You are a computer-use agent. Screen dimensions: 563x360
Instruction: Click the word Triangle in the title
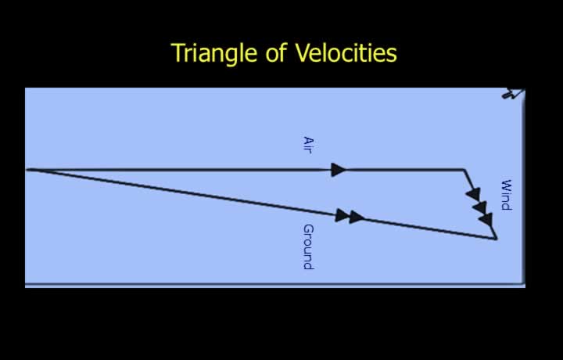214,53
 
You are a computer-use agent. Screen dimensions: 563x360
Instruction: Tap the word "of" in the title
276,52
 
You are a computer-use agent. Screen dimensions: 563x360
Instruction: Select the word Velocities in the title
346,52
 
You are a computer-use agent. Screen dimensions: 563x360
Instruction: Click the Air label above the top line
308,145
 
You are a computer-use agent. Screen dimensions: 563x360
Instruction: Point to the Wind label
506,195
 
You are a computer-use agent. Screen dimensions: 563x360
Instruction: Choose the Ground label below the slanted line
308,247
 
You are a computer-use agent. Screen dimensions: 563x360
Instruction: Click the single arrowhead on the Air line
339,170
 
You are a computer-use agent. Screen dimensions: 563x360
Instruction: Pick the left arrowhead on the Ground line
342,215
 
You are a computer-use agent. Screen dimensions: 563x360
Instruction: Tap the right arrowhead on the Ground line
357,217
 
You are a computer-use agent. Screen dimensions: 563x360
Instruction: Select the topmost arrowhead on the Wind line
473,194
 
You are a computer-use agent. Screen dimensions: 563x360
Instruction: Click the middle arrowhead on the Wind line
480,207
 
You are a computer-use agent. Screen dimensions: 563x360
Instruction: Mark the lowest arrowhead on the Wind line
486,219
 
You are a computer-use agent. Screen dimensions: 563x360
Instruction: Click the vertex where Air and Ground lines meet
27,170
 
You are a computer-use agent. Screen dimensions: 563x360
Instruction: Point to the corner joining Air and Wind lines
464,169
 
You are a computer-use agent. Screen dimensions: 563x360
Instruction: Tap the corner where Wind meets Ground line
497,238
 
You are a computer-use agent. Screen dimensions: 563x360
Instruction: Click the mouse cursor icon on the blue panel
514,93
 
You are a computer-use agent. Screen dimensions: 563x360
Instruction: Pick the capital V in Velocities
303,52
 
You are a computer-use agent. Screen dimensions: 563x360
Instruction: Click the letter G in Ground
308,229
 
